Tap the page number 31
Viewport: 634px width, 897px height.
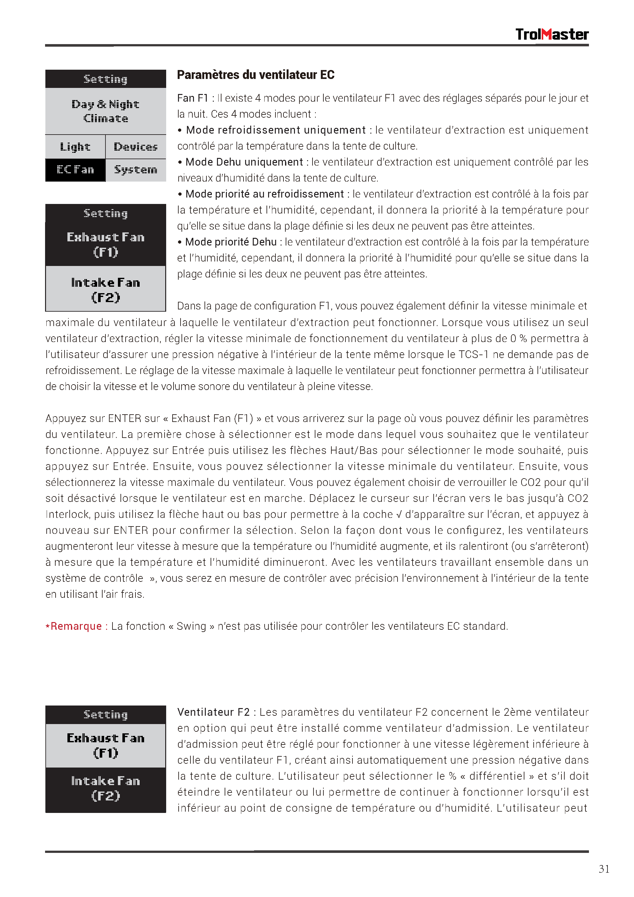tap(604, 869)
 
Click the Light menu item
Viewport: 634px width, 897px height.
tap(75, 147)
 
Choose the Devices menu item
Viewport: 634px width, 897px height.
tap(135, 147)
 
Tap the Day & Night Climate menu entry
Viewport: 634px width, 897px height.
tap(105, 111)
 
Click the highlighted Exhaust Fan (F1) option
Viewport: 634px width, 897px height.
tap(105, 244)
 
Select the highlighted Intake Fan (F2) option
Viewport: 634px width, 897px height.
tap(105, 788)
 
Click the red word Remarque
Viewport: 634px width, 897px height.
tap(76, 626)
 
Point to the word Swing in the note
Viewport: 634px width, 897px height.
tap(191, 626)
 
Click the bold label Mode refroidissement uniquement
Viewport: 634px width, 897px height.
tap(276, 130)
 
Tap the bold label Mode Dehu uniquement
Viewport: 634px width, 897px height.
tap(244, 162)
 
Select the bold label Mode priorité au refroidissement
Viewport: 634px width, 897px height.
tap(265, 194)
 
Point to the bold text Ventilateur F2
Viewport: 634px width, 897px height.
tap(213, 712)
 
